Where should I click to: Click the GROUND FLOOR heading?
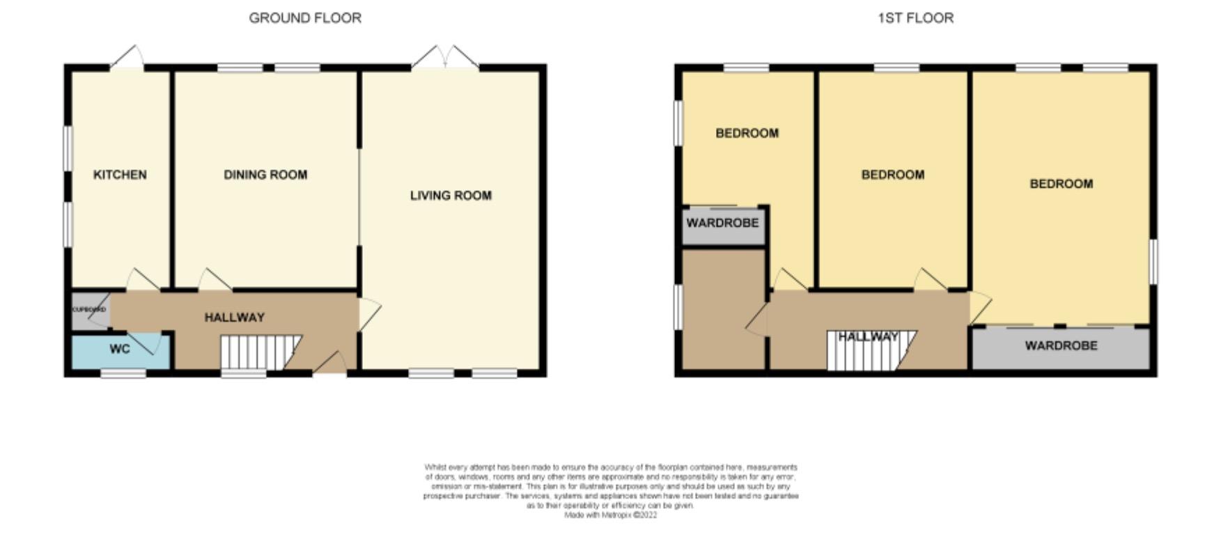305,18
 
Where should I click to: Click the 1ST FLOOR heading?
915,18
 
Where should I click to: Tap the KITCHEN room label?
120,175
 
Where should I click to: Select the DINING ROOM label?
265,175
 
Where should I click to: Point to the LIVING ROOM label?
451,196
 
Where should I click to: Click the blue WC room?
120,350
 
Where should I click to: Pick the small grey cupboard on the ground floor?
89,310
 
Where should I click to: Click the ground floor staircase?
258,352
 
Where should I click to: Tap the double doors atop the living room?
445,57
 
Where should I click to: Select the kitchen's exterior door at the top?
127,58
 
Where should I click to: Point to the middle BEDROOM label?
892,175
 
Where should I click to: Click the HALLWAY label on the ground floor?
235,318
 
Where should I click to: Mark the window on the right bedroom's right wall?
1153,262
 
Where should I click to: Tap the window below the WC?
123,374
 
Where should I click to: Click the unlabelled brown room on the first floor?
723,308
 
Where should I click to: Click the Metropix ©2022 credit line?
610,516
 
